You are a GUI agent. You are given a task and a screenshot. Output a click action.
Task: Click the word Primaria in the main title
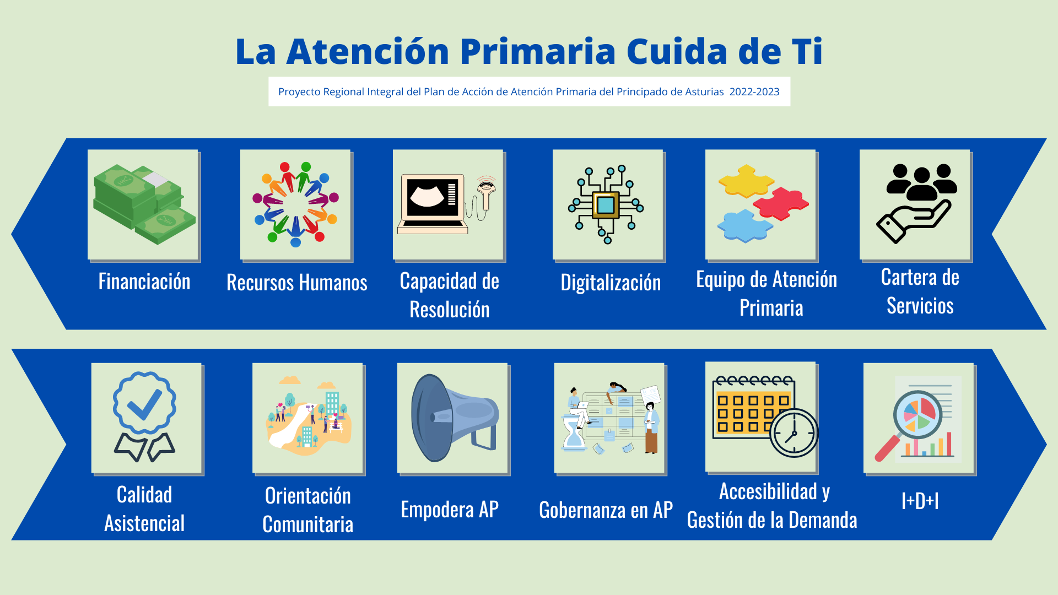click(x=538, y=52)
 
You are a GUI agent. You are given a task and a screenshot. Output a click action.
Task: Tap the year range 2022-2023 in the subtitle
click(x=754, y=92)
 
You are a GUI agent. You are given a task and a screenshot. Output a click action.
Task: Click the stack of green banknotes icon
click(x=144, y=204)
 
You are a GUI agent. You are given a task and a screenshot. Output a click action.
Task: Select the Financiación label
click(x=144, y=282)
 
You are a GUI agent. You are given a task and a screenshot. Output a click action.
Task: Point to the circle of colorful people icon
click(x=295, y=204)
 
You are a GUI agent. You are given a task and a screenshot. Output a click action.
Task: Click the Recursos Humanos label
click(x=297, y=283)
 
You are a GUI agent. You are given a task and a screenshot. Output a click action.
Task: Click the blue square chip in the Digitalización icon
click(x=606, y=205)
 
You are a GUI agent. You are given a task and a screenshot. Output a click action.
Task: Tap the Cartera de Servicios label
click(x=920, y=291)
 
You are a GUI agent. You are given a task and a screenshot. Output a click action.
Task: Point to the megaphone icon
click(x=455, y=418)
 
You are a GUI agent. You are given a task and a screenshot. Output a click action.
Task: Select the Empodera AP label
click(x=450, y=510)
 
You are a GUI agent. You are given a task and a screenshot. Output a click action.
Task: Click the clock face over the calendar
click(x=793, y=433)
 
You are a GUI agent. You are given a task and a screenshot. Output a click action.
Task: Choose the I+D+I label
click(x=920, y=501)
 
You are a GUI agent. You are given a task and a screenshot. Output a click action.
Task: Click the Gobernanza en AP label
click(x=606, y=510)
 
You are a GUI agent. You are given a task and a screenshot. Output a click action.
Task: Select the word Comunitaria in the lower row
click(x=308, y=524)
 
